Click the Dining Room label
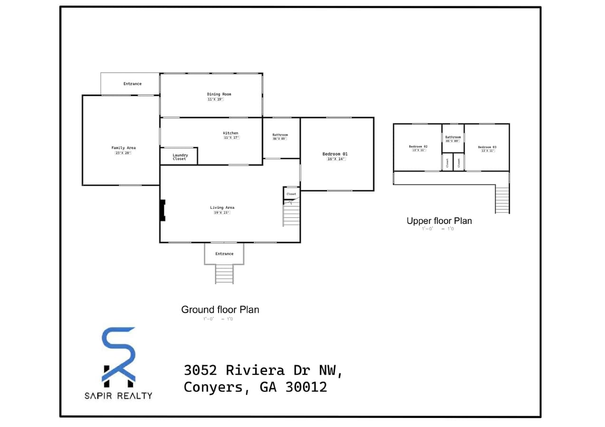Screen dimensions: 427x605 coord(219,94)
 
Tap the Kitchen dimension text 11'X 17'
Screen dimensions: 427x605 coord(231,138)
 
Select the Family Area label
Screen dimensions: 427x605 coord(124,148)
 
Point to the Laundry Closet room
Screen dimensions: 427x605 coord(179,157)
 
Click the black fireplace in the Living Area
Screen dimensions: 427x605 coord(163,210)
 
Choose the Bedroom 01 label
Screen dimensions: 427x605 coord(335,154)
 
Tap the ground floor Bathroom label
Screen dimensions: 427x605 coord(280,135)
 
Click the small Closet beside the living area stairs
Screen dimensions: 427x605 coord(291,194)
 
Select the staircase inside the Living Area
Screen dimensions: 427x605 coord(291,214)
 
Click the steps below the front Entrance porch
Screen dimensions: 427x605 coord(224,274)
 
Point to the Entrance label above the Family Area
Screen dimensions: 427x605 coord(132,84)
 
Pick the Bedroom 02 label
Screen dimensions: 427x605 coord(418,147)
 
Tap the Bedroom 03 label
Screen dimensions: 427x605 coord(487,147)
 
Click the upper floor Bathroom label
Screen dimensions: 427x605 coord(453,137)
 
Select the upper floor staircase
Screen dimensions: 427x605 coord(502,200)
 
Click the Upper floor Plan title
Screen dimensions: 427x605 coord(439,221)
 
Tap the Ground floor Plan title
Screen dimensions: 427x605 coord(220,310)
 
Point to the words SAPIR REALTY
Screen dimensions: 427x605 coord(118,395)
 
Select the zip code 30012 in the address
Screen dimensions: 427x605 coord(306,387)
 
